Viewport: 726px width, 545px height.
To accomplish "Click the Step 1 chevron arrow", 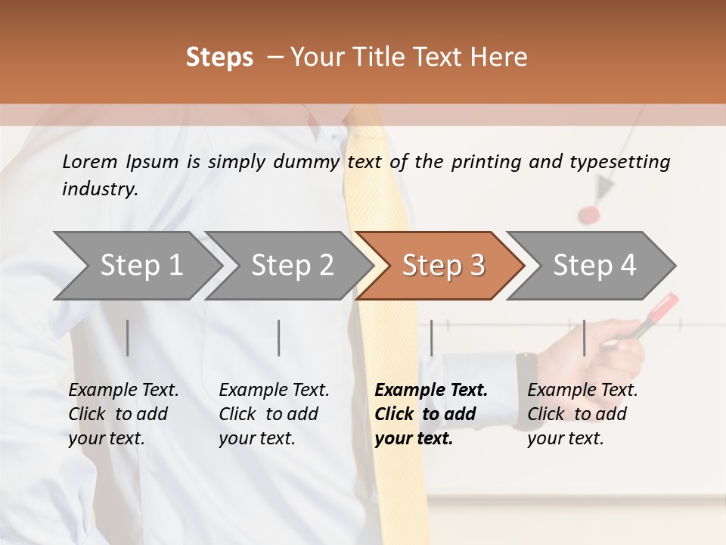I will (141, 266).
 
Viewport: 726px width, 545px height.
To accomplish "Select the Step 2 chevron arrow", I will (292, 266).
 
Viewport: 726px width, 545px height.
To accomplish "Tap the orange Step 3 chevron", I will (442, 266).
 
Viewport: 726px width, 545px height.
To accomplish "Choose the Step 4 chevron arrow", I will (594, 266).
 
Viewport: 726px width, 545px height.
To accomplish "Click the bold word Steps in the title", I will (219, 58).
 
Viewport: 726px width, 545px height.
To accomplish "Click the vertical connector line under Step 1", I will (128, 338).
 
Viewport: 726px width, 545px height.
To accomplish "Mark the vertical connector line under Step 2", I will (279, 338).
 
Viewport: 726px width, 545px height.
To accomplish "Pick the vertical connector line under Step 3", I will (431, 338).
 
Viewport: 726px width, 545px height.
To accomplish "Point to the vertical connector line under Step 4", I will (584, 338).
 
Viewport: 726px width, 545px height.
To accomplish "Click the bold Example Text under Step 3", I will (431, 391).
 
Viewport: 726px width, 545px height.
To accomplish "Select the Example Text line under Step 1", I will (123, 391).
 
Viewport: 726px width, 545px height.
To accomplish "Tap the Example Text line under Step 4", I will (582, 391).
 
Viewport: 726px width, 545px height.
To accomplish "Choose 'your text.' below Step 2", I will (256, 438).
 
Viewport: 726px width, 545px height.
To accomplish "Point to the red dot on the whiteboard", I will (588, 215).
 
